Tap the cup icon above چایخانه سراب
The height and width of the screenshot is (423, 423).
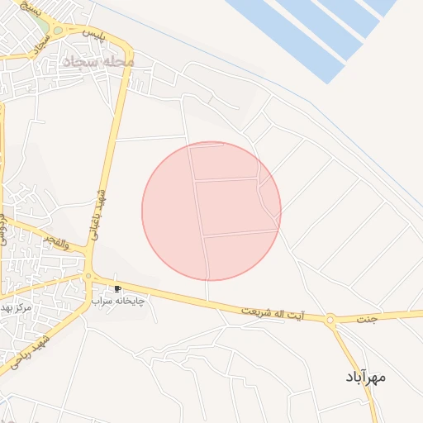click(117, 288)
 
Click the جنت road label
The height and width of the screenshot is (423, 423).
click(366, 317)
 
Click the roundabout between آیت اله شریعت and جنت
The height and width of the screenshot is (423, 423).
click(330, 319)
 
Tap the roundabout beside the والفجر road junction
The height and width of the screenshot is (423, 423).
click(88, 277)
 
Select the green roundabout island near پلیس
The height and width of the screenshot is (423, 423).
click(57, 31)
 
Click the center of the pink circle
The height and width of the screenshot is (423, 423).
click(211, 211)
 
